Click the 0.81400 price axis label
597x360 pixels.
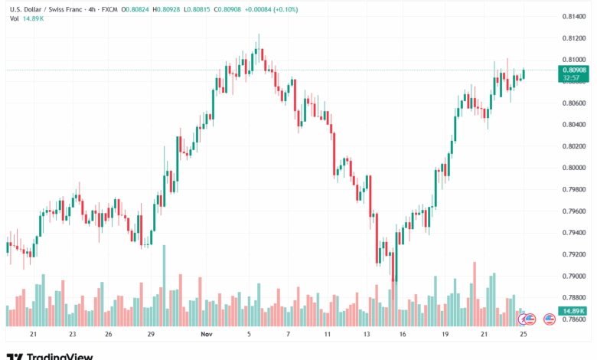pos(574,16)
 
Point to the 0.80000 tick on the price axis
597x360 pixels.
pos(574,168)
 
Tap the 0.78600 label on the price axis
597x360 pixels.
pos(574,319)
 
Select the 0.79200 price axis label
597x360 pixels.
pos(574,254)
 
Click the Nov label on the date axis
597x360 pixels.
pos(205,335)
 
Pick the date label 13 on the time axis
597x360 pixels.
pos(367,335)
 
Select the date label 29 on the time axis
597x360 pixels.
pos(152,335)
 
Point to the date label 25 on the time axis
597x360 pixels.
pos(523,335)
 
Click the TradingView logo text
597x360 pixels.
pos(60,355)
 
